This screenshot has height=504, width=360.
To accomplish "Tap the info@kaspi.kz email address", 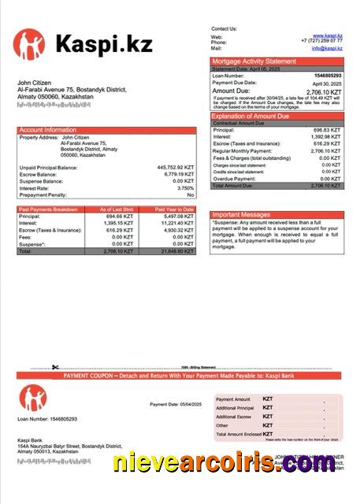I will [x=327, y=48].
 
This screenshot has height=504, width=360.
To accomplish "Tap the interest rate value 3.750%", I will [x=184, y=188].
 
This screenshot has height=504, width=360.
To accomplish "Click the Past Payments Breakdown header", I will [x=48, y=209].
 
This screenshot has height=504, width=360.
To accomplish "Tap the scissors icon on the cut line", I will [x=55, y=366].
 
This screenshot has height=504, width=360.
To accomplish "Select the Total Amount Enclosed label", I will [x=237, y=434].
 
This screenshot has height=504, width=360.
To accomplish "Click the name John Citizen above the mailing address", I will [x=35, y=83].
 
